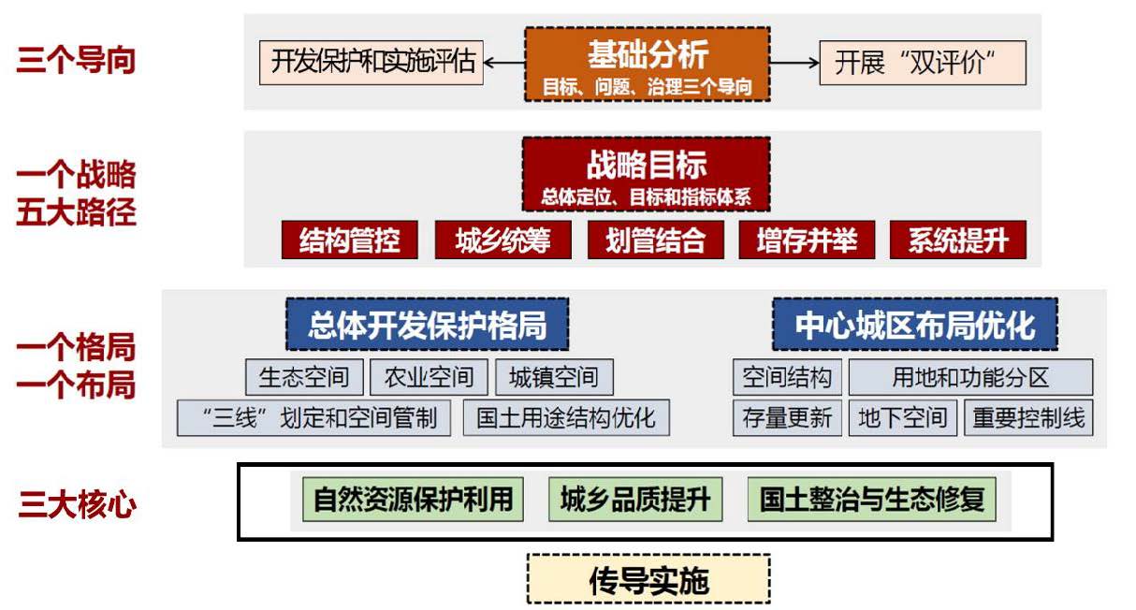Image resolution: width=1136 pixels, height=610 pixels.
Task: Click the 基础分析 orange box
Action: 647,64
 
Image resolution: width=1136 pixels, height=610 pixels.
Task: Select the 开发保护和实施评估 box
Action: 371,63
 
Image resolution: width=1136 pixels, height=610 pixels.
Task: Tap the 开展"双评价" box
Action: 922,63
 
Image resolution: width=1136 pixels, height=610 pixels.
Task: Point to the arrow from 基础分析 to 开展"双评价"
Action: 794,63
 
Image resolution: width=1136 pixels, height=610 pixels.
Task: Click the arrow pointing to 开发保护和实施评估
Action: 504,63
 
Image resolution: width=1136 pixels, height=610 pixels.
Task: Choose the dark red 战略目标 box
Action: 647,174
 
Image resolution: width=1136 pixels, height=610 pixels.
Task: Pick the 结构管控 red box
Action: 349,240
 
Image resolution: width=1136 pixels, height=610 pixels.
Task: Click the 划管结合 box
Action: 655,240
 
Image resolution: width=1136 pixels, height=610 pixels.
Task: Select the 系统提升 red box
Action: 957,240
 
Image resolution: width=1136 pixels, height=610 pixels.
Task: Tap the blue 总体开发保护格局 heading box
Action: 427,325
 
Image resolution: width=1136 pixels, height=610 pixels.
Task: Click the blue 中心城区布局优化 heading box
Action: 914,325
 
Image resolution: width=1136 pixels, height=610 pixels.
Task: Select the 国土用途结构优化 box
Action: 566,417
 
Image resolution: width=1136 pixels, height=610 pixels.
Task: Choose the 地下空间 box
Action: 903,417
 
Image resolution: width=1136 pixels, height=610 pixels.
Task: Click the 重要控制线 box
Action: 1028,417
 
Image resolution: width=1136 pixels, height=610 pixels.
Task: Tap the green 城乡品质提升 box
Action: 635,500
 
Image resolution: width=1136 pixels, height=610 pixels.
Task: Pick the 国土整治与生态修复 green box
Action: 872,500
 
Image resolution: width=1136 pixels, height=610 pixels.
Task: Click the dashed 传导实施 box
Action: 648,580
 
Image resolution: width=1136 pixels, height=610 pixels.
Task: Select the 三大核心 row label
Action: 77,505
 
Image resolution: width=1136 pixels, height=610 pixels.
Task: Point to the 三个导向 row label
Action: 76,61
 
